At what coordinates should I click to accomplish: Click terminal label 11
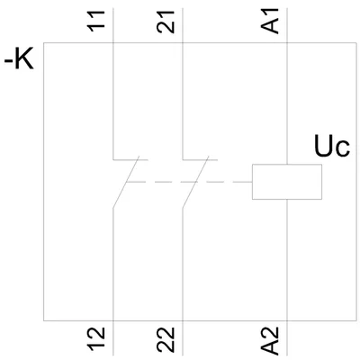pos(96,21)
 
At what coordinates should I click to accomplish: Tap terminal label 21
pos(166,22)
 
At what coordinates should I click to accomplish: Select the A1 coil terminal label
pos(270,21)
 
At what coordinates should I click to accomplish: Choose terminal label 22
pos(166,339)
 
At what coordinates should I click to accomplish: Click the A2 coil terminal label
pos(270,340)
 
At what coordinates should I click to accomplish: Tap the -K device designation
pos(19,60)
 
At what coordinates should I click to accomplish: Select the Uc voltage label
pos(332,146)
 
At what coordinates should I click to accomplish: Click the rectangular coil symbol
pos(287,182)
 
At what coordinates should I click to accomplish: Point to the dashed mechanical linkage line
pos(189,182)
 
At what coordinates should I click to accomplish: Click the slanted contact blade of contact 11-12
pos(126,182)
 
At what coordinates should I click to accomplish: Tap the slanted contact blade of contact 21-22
pos(195,182)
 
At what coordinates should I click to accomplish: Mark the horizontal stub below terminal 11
pos(130,159)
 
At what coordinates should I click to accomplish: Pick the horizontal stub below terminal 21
pos(200,159)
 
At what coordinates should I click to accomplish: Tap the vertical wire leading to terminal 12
pos(113,282)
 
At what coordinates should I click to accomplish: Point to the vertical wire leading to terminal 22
pos(183,282)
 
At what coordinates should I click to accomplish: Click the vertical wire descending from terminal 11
pos(113,84)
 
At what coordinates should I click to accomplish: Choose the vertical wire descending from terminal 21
pos(183,84)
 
